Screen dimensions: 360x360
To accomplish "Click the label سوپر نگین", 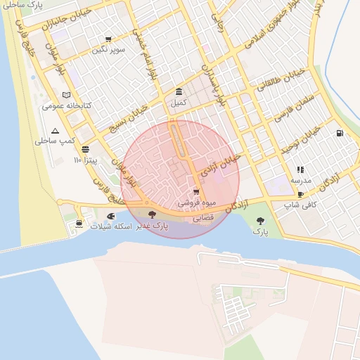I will point(108,50).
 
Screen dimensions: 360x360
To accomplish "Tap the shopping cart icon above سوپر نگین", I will point(108,39).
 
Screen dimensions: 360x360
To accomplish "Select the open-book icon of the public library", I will point(66,95).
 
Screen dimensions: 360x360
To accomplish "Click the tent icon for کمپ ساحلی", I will point(56,131).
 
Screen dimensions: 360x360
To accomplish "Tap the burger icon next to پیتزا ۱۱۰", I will point(85,149).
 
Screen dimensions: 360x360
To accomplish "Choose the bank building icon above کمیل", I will point(179,92).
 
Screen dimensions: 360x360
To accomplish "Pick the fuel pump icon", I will point(340,133).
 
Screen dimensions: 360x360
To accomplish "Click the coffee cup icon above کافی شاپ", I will point(300,195).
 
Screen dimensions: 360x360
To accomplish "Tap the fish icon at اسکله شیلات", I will point(110,216).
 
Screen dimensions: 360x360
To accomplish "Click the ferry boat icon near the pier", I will point(77,224).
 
